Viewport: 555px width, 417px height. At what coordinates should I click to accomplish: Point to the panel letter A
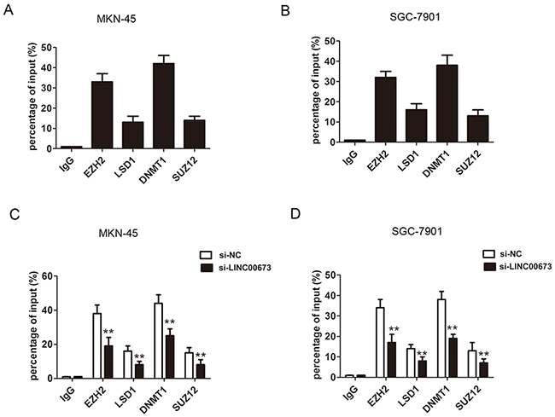[x=12, y=12]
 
